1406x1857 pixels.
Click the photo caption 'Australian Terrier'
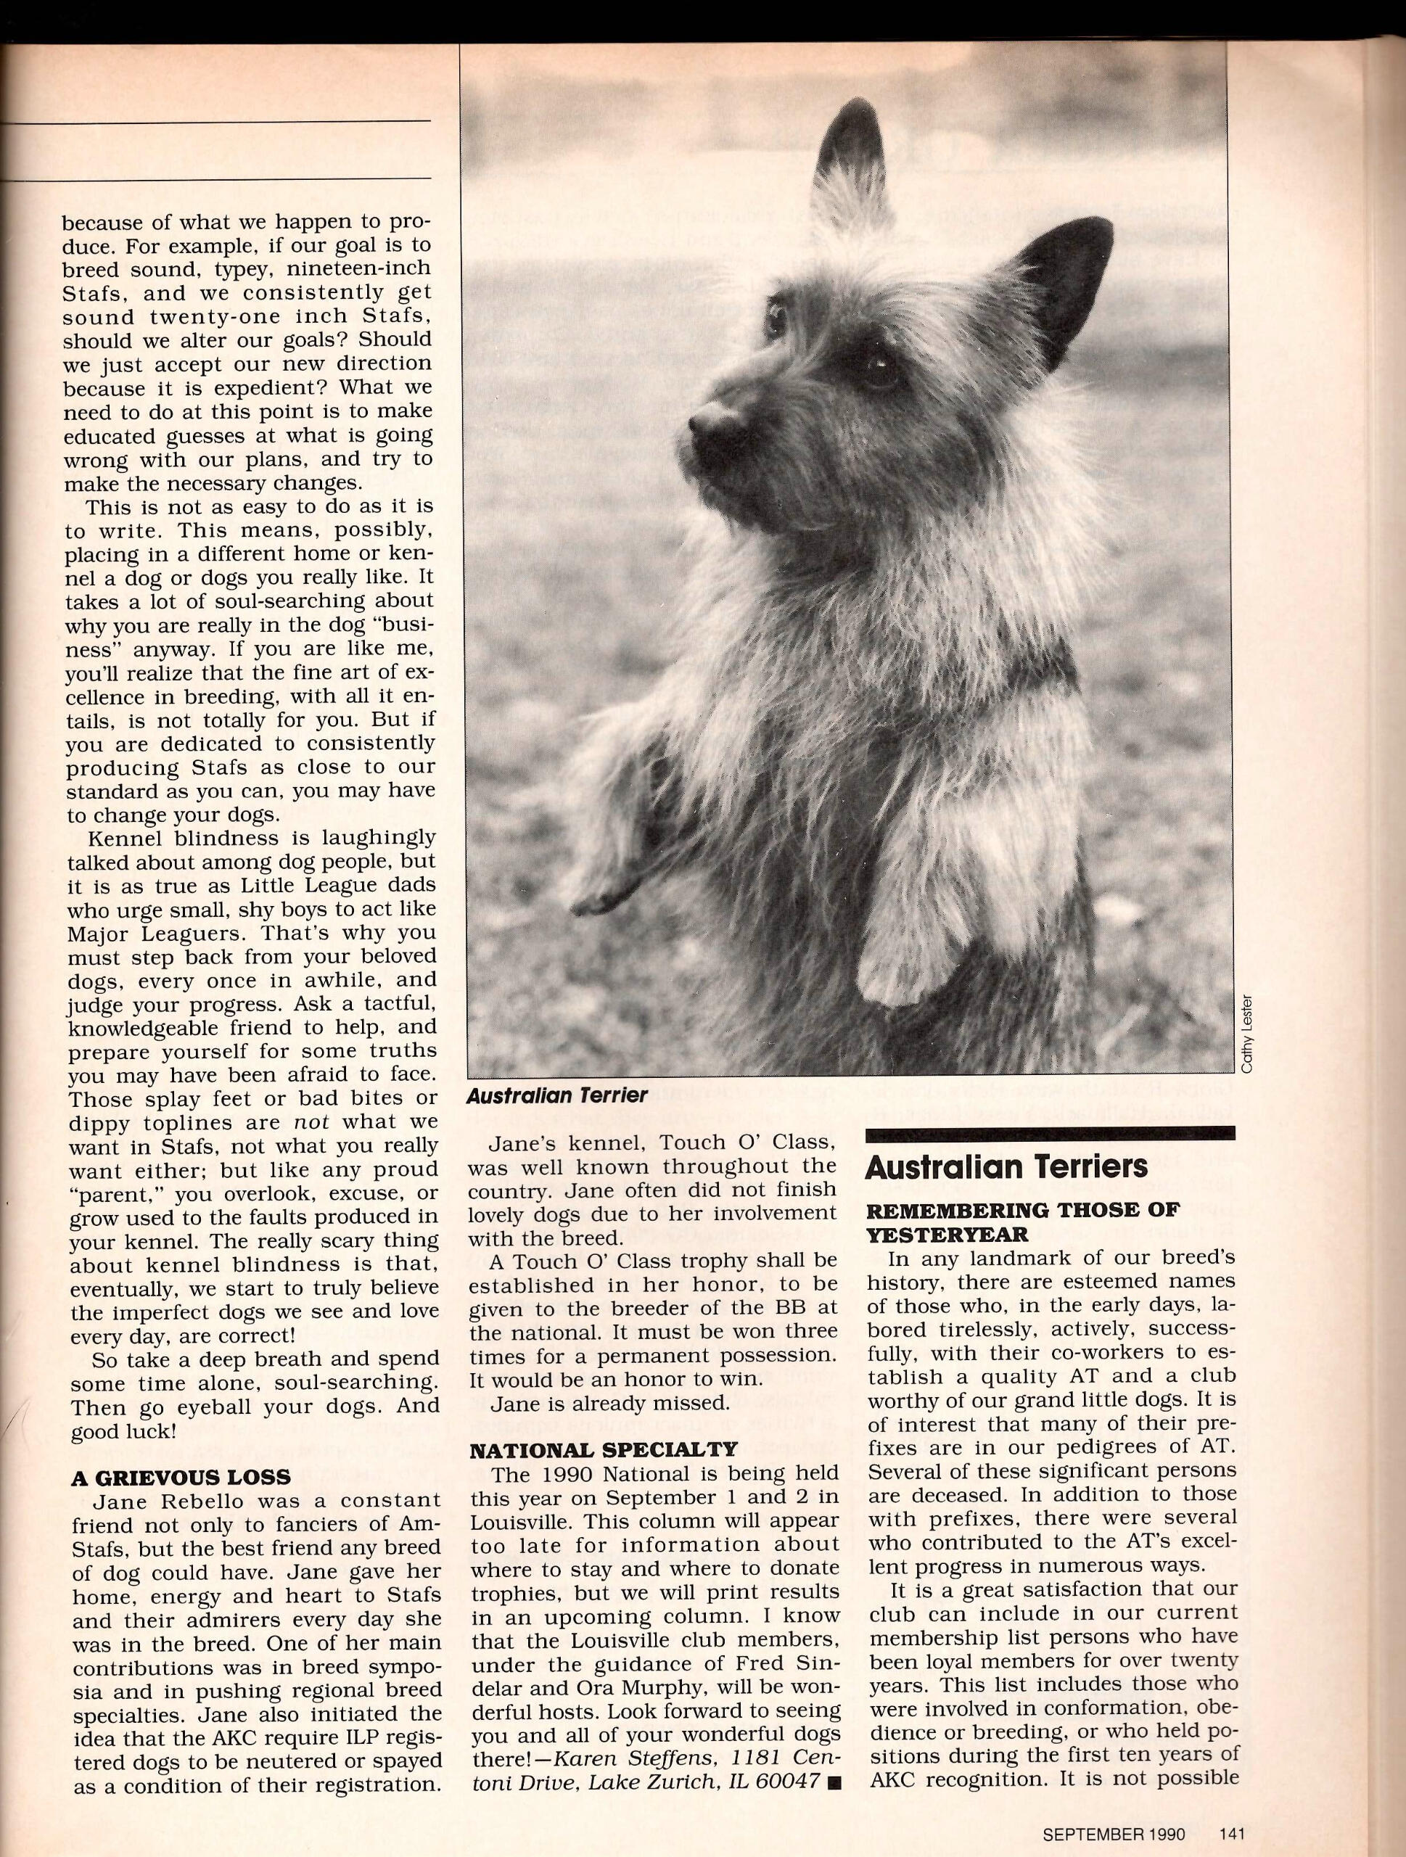tap(557, 1095)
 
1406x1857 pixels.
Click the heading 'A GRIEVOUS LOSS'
tap(181, 1477)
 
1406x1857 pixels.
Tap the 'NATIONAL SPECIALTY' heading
tap(604, 1449)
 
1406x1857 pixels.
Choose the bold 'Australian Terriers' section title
tap(1006, 1167)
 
